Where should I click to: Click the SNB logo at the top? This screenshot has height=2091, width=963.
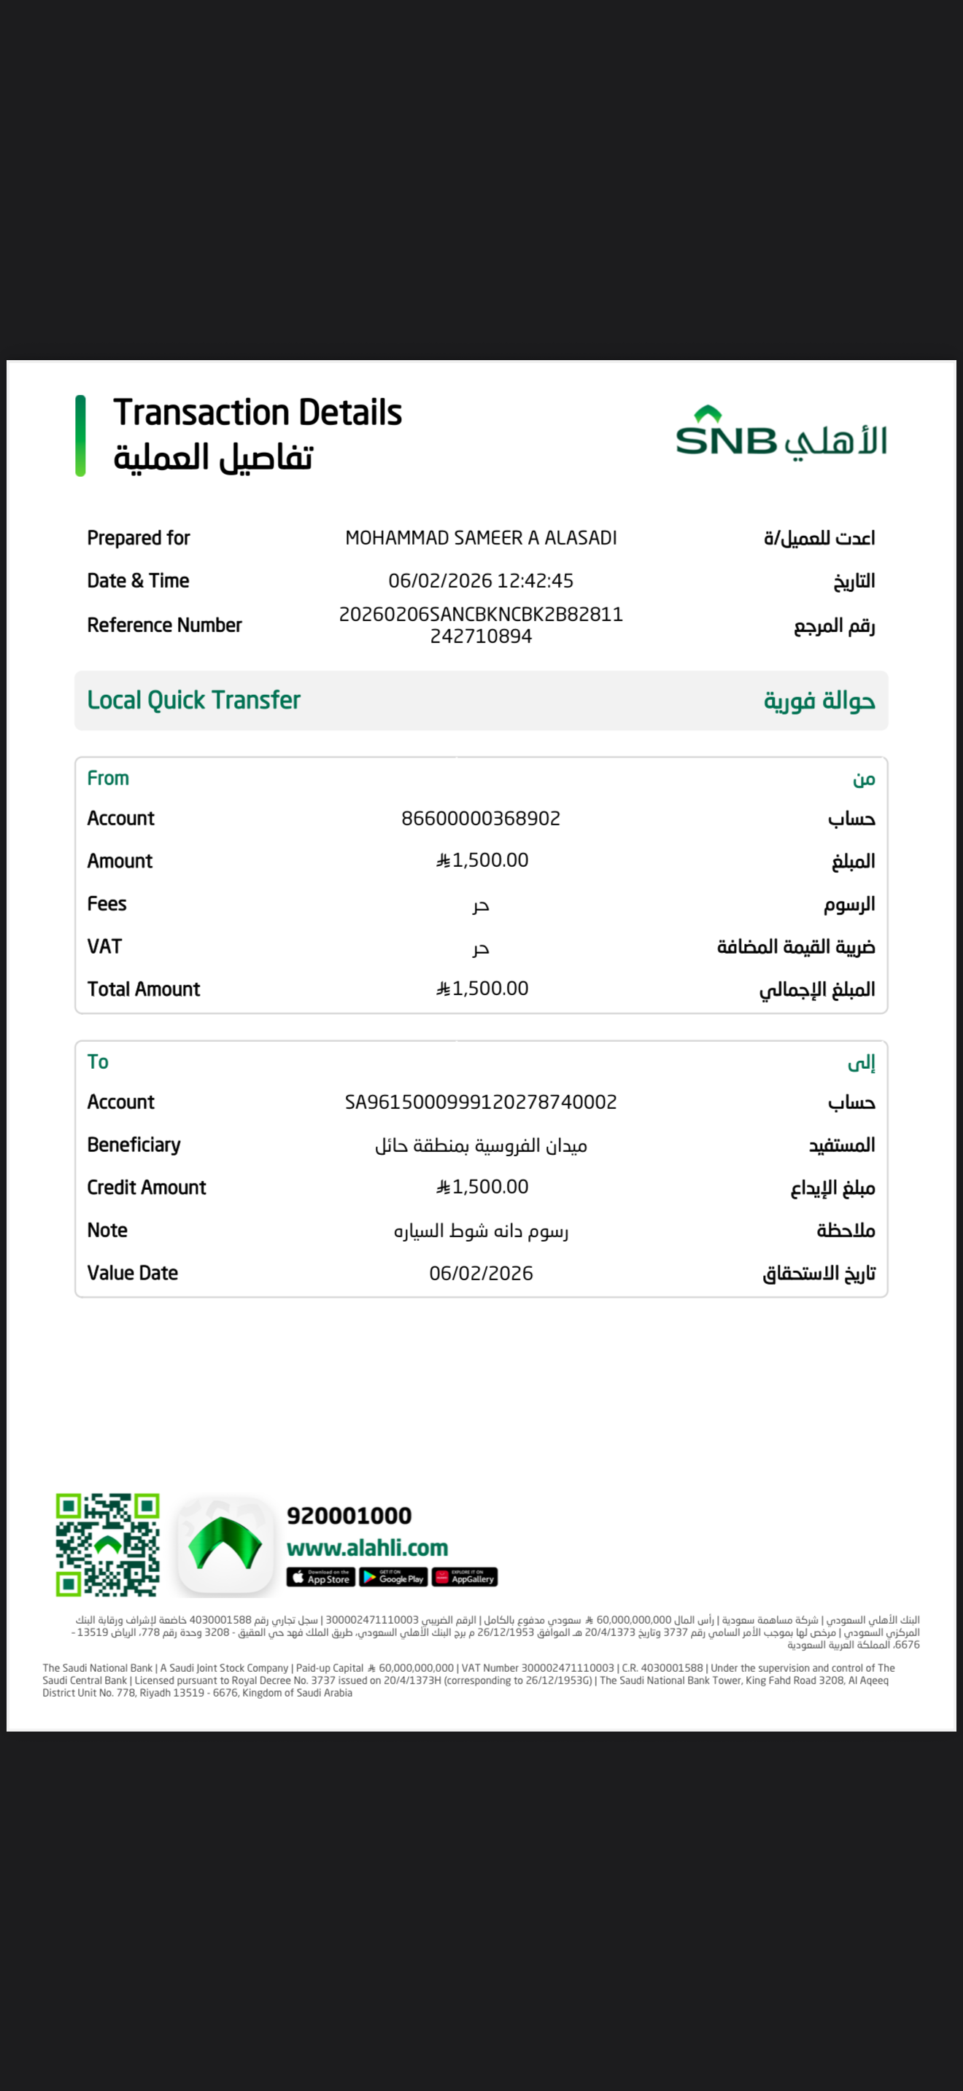point(781,432)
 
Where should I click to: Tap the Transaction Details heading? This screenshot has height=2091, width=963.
point(258,413)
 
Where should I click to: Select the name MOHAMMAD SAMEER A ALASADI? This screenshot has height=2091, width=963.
point(481,538)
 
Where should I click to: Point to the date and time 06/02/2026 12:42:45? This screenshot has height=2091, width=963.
point(481,581)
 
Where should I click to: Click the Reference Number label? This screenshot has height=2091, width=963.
point(164,625)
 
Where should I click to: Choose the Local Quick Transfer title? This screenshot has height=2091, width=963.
point(193,700)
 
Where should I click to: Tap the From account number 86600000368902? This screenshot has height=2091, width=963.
point(481,818)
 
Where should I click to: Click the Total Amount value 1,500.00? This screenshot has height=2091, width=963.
point(482,989)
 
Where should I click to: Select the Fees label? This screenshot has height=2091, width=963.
point(107,903)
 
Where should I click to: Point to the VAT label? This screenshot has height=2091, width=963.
point(104,946)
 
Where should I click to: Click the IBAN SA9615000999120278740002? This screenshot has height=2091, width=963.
point(481,1102)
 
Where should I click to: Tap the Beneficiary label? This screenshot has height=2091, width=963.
point(134,1145)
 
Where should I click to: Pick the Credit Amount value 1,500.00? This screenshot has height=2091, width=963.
point(482,1187)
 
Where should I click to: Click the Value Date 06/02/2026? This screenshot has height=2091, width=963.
point(481,1273)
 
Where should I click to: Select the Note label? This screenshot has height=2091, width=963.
point(107,1230)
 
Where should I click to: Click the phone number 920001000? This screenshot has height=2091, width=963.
point(349,1516)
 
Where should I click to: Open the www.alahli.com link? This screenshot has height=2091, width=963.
point(367,1548)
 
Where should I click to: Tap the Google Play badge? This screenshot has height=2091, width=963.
point(393,1577)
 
